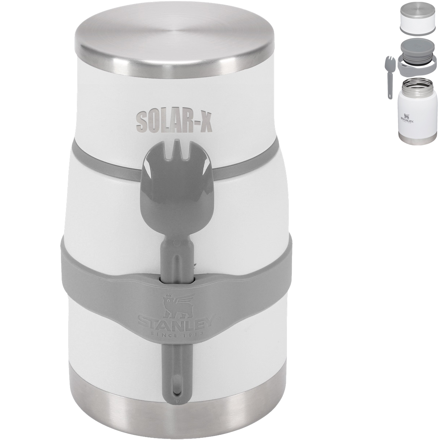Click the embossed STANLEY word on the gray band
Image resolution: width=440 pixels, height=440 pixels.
click(176, 322)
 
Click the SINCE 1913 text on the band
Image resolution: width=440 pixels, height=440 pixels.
click(176, 332)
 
